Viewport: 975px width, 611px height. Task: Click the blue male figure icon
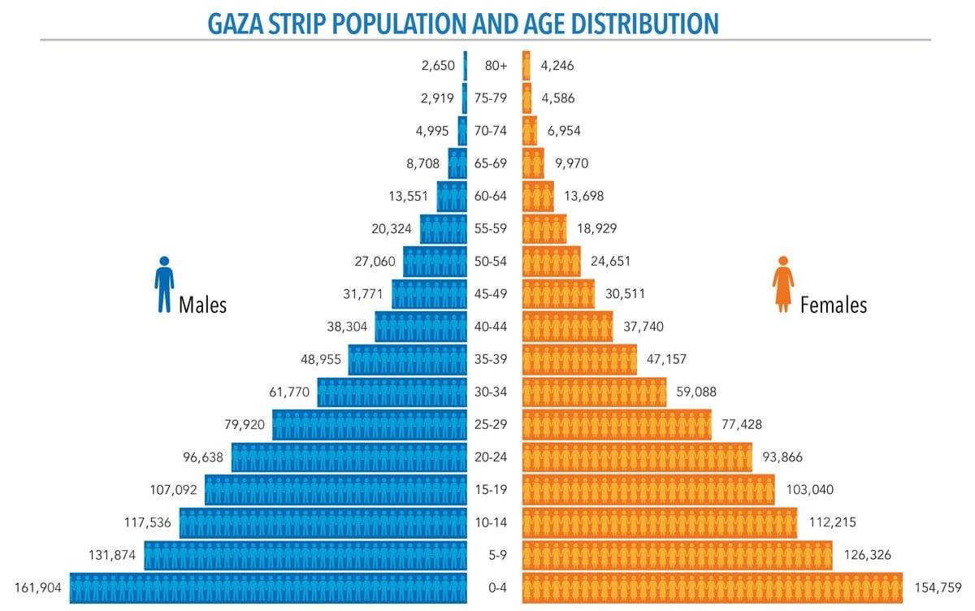pyautogui.click(x=164, y=284)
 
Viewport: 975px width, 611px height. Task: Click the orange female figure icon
pyautogui.click(x=783, y=284)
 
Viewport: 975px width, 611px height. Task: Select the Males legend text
pyautogui.click(x=202, y=305)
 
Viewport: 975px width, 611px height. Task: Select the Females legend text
pyautogui.click(x=833, y=305)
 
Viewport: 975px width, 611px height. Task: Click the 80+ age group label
pyautogui.click(x=495, y=66)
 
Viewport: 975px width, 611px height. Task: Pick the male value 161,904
pyautogui.click(x=38, y=587)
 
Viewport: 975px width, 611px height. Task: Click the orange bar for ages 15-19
pyautogui.click(x=648, y=490)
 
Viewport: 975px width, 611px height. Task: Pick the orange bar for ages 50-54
pyautogui.click(x=551, y=262)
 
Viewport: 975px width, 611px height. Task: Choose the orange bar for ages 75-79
pyautogui.click(x=527, y=98)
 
